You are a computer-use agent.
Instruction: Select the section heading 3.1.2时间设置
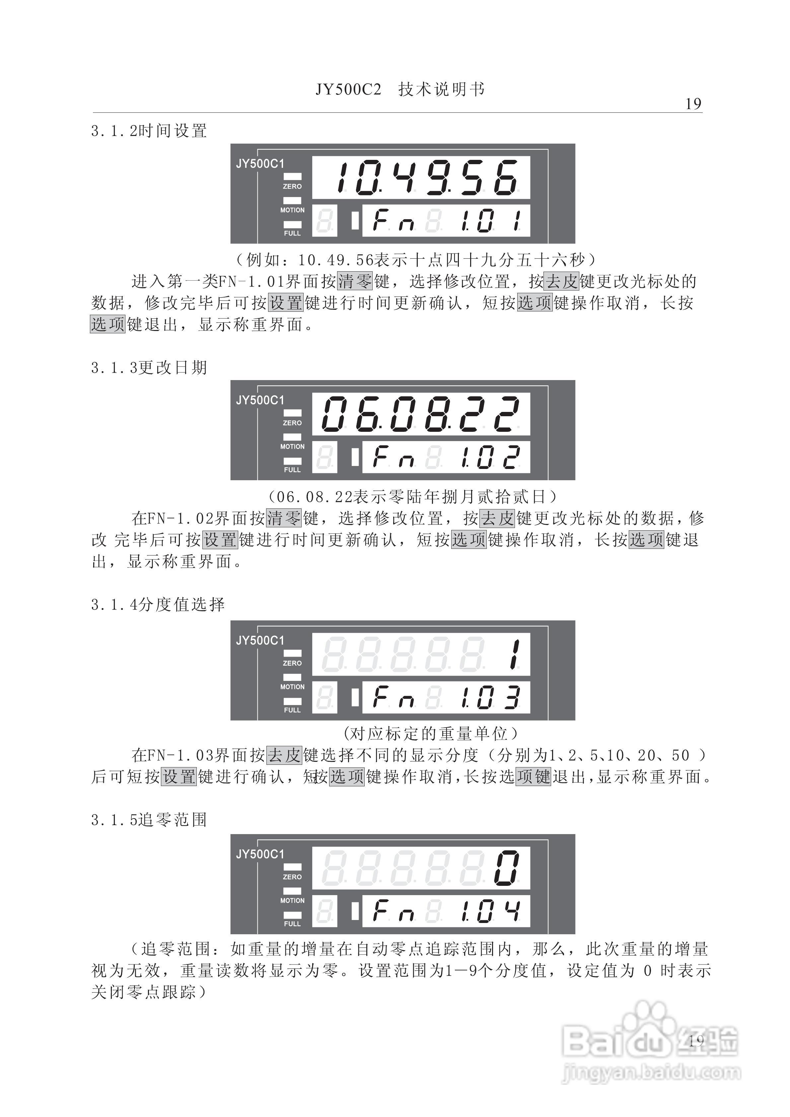click(149, 131)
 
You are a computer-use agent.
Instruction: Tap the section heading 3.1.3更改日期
click(149, 368)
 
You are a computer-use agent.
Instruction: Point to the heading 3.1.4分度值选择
click(158, 605)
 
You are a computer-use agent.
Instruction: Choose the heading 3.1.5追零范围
click(149, 820)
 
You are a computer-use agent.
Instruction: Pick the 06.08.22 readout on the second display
click(421, 414)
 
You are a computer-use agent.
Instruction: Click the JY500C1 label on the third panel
click(260, 641)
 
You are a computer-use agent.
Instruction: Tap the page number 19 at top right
click(693, 104)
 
